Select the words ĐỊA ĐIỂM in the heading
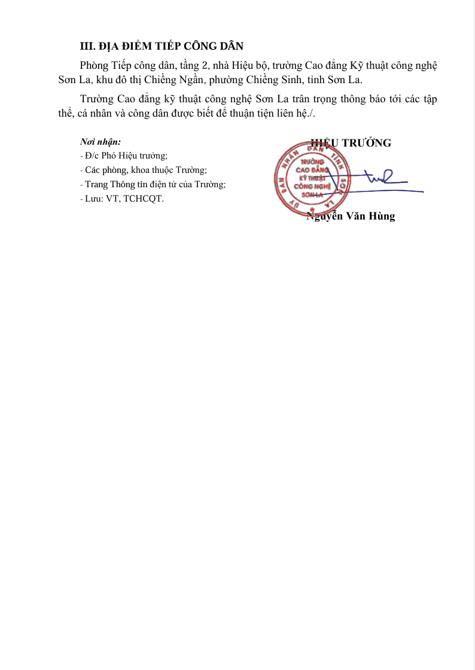coord(127,47)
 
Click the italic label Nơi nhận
coord(101,142)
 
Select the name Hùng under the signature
coord(382,217)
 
